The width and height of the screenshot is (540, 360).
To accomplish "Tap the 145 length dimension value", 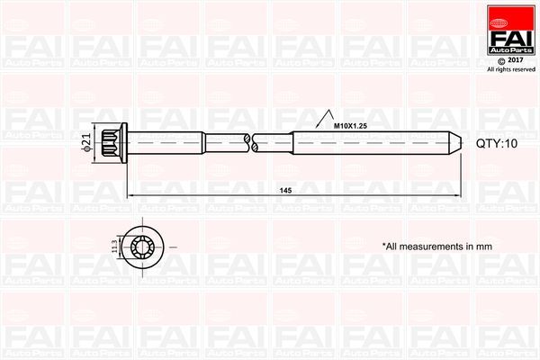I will (x=285, y=190).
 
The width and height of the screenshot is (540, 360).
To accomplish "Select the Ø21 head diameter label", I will (x=86, y=141).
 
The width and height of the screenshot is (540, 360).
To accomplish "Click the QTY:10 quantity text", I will (x=497, y=142).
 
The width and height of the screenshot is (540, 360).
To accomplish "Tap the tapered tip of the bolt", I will (x=457, y=141).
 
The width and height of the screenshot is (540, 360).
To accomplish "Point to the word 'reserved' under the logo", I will (x=524, y=69).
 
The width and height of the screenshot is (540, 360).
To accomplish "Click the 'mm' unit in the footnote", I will (x=485, y=246).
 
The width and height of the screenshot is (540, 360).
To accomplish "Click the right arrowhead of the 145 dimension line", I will (x=459, y=195).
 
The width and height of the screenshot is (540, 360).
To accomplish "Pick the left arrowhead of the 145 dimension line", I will (x=130, y=195).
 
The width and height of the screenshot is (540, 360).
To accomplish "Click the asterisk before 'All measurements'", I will (x=383, y=244).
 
